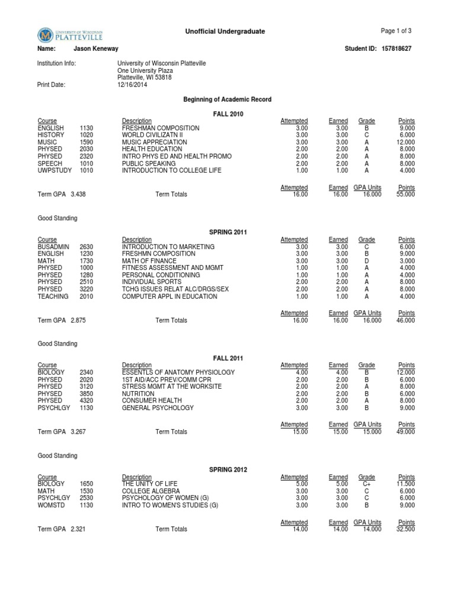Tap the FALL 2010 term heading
pyautogui.click(x=227, y=114)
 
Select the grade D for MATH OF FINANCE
pyautogui.click(x=367, y=261)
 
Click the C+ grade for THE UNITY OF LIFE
pyautogui.click(x=367, y=484)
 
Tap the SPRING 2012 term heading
pyautogui.click(x=227, y=470)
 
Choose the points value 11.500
pyautogui.click(x=406, y=484)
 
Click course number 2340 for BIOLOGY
pyautogui.click(x=86, y=372)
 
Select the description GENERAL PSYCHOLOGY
pyautogui.click(x=158, y=408)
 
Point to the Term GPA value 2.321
pyautogui.click(x=78, y=529)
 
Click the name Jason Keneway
pyautogui.click(x=95, y=49)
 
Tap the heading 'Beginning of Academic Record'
pyautogui.click(x=227, y=99)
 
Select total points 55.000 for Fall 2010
pyautogui.click(x=405, y=194)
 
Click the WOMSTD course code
pyautogui.click(x=50, y=505)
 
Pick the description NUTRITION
pyautogui.click(x=138, y=394)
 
